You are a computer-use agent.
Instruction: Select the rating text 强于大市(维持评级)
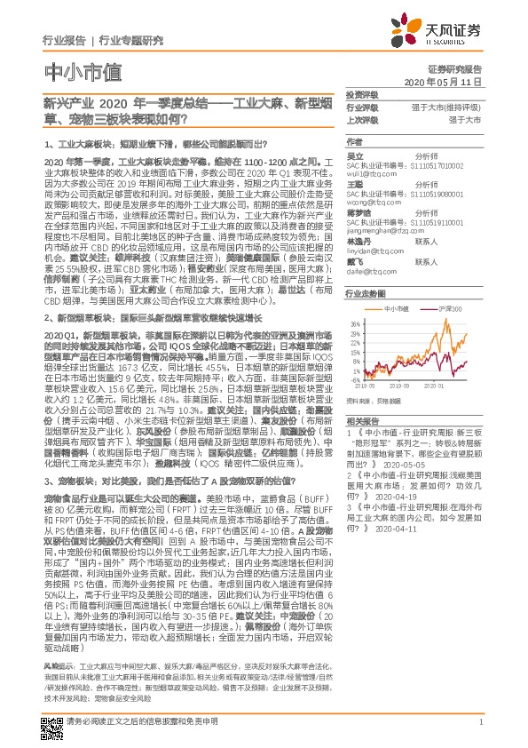click(445, 106)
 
